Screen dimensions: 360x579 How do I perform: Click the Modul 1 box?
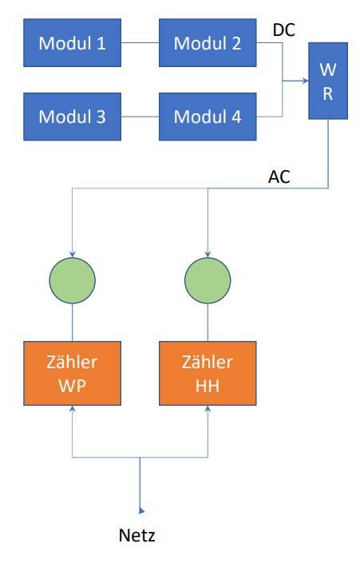[73, 43]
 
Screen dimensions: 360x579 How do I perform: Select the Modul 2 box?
[208, 43]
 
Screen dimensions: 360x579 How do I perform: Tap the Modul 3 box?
[73, 117]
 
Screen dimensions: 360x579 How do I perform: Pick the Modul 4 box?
[208, 117]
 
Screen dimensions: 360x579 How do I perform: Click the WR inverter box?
[328, 81]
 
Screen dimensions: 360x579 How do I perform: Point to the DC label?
[284, 30]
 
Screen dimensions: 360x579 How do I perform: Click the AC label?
[279, 176]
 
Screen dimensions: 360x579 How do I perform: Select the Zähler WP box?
[73, 373]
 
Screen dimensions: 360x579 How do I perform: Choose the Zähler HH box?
[208, 373]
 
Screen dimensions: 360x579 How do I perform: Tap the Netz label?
[137, 535]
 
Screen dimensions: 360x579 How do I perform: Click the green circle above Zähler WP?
[73, 280]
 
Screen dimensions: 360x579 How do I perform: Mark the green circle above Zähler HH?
[208, 280]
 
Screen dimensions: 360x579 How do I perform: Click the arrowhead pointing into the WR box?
[306, 81]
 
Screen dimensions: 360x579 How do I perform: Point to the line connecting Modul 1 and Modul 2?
[140, 43]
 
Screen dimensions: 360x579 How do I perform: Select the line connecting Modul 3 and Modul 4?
[140, 117]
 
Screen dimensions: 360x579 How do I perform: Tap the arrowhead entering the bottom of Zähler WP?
[73, 408]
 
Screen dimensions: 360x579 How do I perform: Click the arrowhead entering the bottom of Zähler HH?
[208, 408]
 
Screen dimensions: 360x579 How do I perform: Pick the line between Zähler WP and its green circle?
[73, 323]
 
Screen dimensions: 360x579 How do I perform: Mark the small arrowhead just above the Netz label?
[141, 510]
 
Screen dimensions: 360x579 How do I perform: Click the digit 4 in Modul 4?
[236, 117]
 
